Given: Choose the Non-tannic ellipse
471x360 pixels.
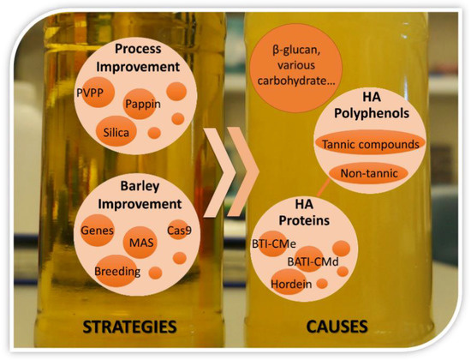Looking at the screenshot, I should coord(369,174).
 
